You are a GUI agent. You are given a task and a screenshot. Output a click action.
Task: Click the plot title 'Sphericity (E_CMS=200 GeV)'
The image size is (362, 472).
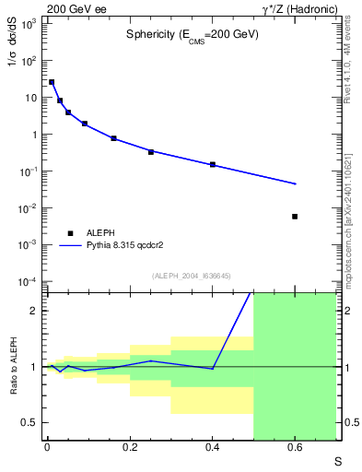tap(192, 34)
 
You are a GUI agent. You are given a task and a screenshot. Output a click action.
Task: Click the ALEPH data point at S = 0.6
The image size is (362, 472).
tap(295, 217)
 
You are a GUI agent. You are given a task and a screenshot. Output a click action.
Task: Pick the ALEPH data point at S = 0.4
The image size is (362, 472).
tap(213, 164)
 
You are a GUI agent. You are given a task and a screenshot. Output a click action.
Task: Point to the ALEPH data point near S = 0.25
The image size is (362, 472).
tap(151, 152)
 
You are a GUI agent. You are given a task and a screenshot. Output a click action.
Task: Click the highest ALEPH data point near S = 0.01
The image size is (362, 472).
tap(52, 82)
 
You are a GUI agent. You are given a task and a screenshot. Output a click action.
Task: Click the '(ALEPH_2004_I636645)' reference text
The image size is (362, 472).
tap(192, 276)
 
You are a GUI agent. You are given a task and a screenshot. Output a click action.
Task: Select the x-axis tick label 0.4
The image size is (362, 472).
tap(213, 449)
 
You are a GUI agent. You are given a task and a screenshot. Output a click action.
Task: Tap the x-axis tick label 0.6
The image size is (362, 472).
tap(295, 449)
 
